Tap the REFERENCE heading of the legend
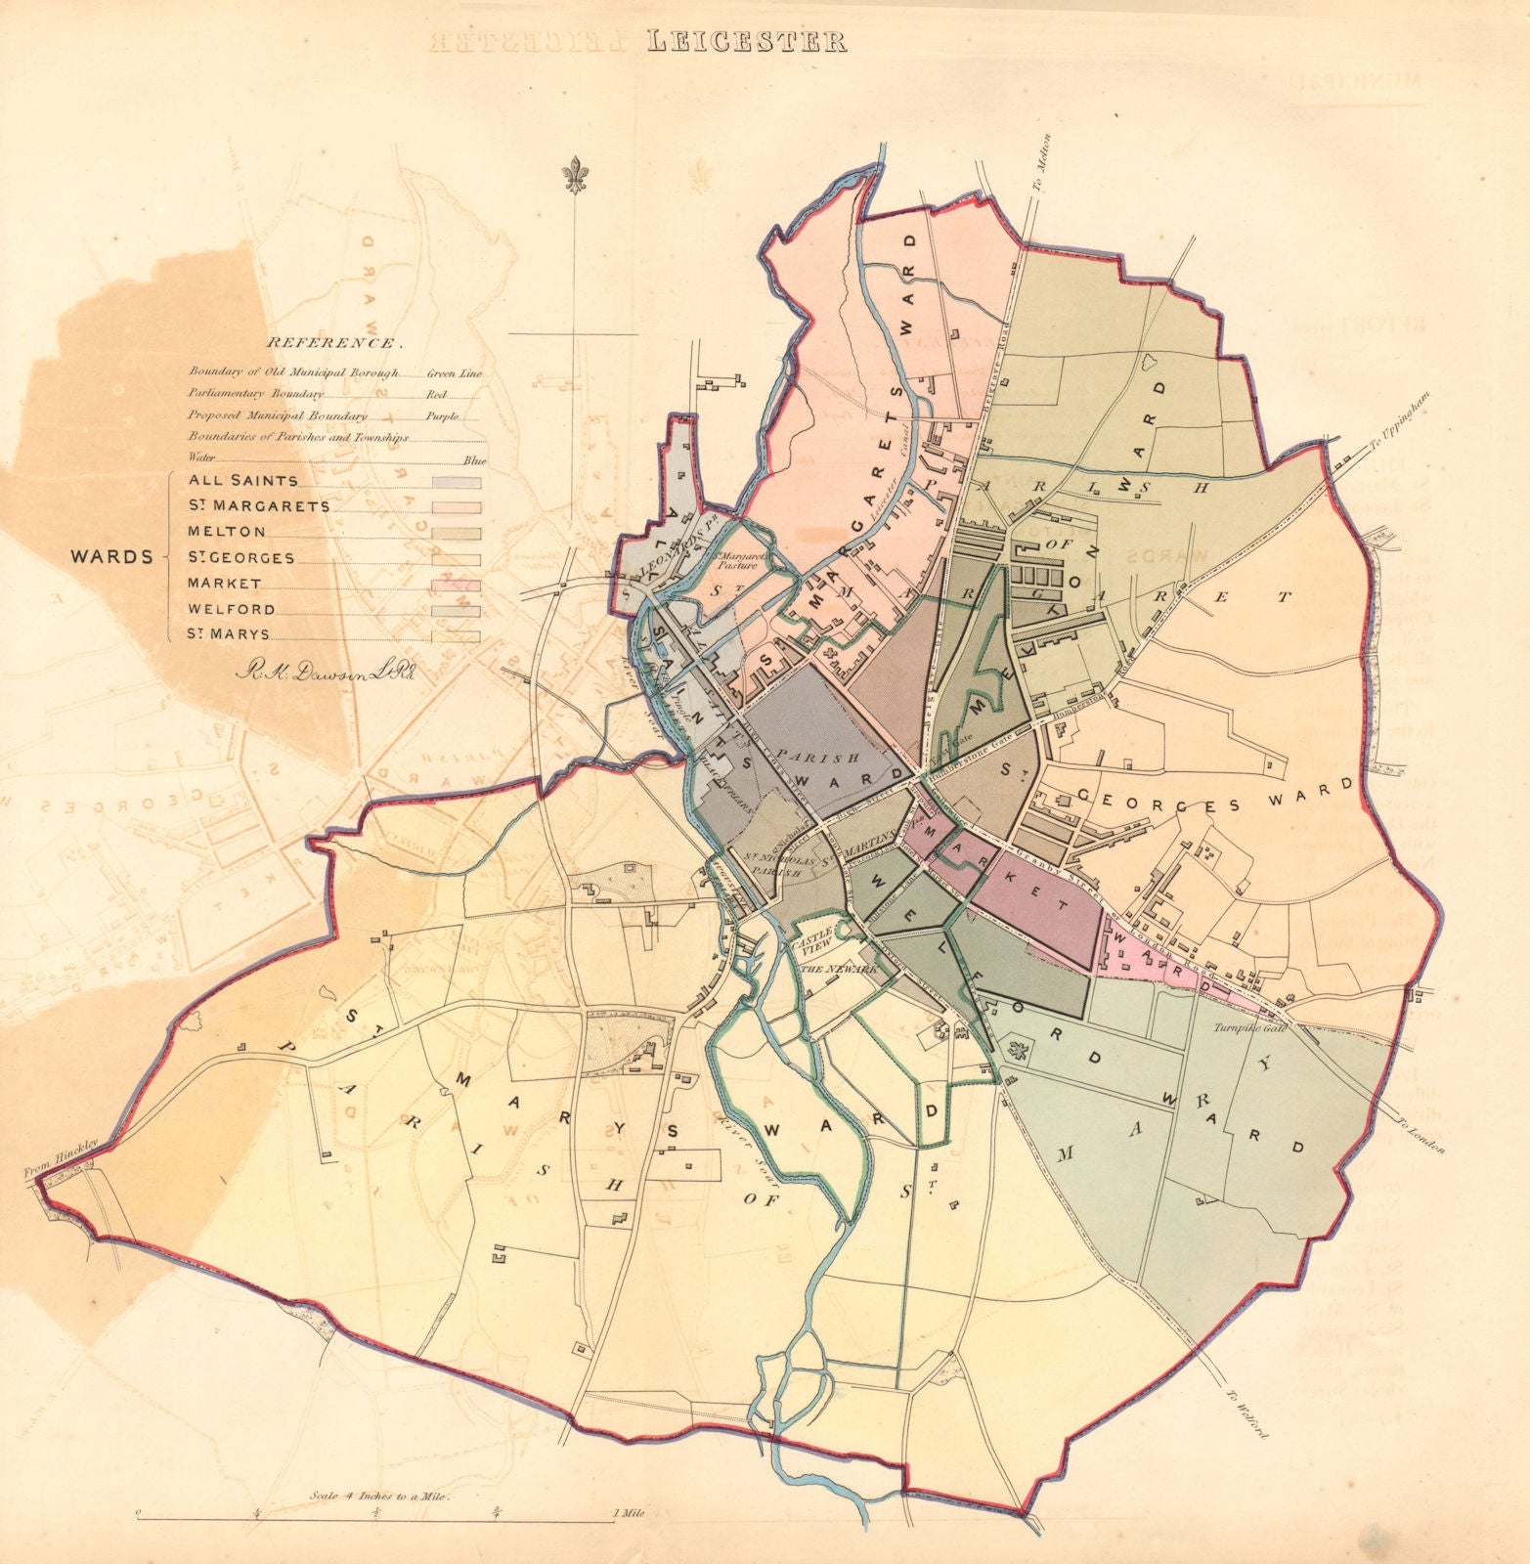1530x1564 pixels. [331, 343]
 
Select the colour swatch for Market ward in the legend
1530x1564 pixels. [457, 584]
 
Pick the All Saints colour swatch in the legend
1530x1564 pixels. [457, 482]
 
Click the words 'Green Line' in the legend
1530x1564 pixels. [455, 372]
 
